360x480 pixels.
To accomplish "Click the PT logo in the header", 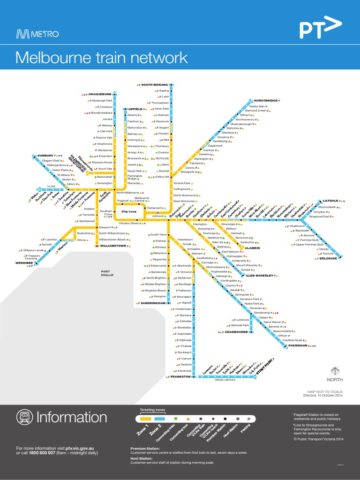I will coord(318,29).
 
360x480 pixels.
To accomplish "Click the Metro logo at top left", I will coord(37,34).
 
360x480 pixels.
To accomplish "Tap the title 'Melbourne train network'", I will coord(101,58).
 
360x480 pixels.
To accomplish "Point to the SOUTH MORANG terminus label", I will coord(154,85).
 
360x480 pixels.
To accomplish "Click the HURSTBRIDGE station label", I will coord(266,100).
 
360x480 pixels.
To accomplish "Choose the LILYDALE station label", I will coord(330,200).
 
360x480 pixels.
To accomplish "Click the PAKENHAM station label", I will coord(298,345).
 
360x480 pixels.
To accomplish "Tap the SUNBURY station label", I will coord(45,155).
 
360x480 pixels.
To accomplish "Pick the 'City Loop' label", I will coord(129,212).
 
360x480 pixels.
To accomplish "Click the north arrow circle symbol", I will coord(335,371).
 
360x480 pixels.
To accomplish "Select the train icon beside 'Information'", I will coord(24,417).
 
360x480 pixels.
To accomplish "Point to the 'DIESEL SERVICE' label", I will coord(225,380).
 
